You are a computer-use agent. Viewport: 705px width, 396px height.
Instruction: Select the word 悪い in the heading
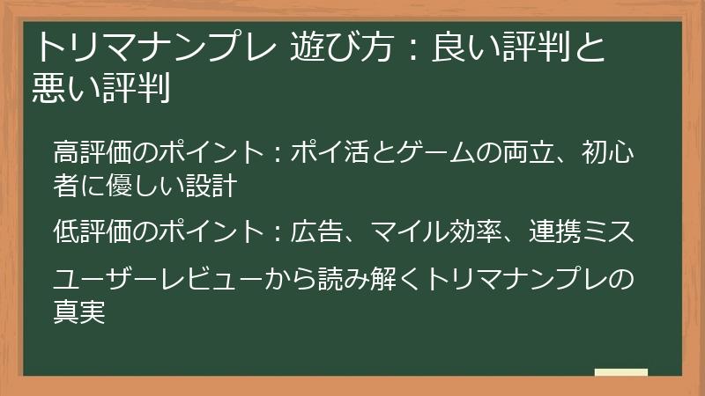coord(63,88)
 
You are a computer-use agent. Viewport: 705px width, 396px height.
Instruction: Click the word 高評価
coord(93,153)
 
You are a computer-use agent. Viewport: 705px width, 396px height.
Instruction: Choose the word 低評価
coord(93,233)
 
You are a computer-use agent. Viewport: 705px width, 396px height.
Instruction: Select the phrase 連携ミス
coord(582,233)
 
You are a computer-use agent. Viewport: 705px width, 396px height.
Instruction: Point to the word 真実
coord(79,312)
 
